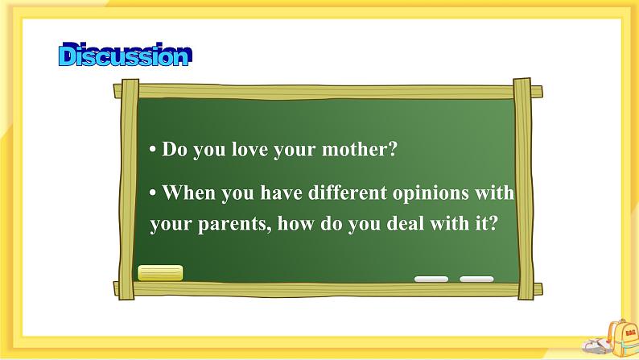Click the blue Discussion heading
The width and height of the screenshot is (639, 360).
pos(125,55)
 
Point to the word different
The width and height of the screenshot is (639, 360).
pos(347,192)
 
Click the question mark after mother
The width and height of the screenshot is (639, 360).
pos(392,149)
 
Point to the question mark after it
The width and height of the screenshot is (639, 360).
pos(493,223)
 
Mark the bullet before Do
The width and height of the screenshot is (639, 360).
pos(153,150)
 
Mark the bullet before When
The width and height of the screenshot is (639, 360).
pos(153,193)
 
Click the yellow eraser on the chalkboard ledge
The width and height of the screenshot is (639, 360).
pos(160,273)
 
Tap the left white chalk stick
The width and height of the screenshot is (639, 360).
pos(431,279)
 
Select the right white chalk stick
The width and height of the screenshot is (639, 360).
pos(476,279)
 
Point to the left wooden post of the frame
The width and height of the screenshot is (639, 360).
pos(130,190)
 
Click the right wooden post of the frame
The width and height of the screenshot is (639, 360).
pos(523,189)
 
